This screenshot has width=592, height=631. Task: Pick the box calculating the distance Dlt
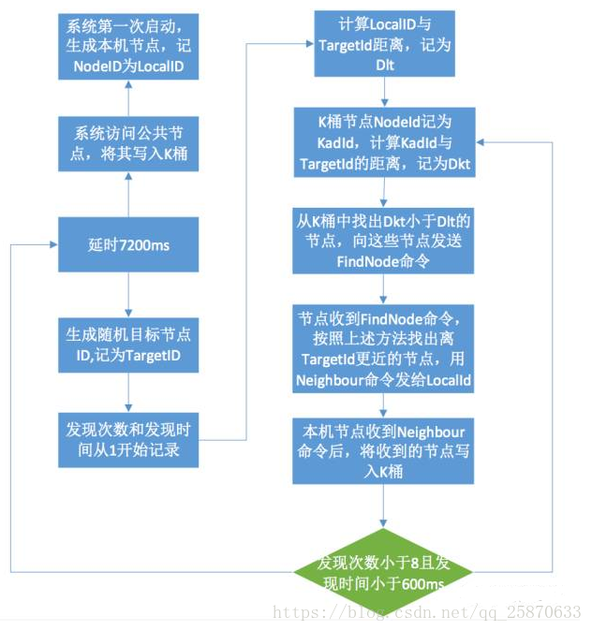[x=385, y=45]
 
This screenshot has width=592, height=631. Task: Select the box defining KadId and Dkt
[x=385, y=140]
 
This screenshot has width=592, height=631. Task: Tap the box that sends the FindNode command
[x=385, y=240]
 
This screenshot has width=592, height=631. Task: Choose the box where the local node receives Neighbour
[x=385, y=449]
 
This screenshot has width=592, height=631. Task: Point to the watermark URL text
[x=426, y=611]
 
